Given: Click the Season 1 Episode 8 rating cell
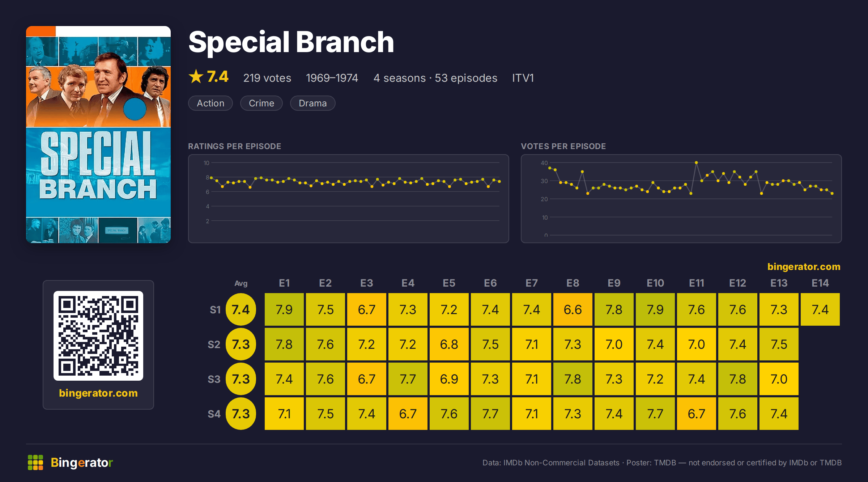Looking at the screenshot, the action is point(573,309).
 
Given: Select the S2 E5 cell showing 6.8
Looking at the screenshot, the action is point(449,344).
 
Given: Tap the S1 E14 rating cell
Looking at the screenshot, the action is point(820,309).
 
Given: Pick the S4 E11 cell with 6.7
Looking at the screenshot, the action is point(696,414).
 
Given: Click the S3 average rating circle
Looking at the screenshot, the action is point(241,379).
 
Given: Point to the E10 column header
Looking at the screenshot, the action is point(655,283).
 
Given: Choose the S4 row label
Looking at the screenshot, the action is point(214,414).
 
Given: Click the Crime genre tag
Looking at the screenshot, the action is point(261,103).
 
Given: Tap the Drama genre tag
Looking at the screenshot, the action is point(312,103).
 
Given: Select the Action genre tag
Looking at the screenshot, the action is point(210,103).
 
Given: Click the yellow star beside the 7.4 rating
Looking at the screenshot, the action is point(196,76).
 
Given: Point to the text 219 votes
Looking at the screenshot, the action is point(267,78).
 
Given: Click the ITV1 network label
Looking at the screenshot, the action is point(523,78).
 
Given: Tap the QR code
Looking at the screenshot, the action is point(98,336).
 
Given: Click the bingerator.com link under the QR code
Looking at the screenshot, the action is point(98,393).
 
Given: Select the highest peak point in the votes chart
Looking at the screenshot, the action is point(696,162).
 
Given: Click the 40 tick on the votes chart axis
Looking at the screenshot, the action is point(544,163).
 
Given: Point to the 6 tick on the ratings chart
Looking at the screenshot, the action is point(208,192).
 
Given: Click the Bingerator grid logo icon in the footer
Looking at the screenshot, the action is point(35,462).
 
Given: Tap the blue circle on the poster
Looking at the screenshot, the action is point(135,109).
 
